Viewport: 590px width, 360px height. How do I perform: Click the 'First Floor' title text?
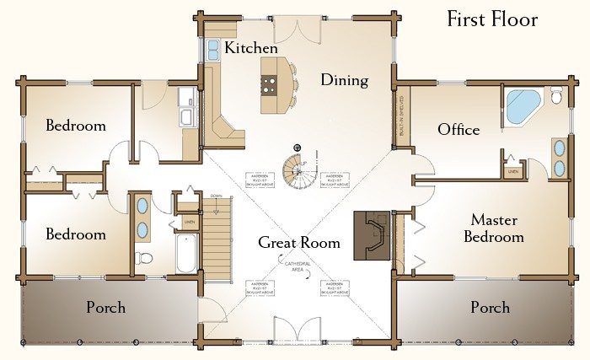[492, 19]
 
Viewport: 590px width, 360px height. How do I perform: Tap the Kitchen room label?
[251, 48]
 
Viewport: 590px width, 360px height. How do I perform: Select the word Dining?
[344, 81]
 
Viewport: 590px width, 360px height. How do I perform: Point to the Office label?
[459, 130]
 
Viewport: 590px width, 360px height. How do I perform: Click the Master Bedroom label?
[496, 228]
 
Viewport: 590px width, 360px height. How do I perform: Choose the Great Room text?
[299, 243]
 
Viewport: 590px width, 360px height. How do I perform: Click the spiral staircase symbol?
[298, 171]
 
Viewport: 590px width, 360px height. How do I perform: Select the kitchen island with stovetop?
[271, 85]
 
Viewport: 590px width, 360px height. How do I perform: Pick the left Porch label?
[106, 307]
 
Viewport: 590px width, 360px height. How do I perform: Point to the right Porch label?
[490, 307]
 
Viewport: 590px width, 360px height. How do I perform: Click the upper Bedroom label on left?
[76, 126]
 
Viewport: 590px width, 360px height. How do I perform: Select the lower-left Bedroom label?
[76, 234]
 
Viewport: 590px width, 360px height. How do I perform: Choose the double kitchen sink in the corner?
[212, 50]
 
